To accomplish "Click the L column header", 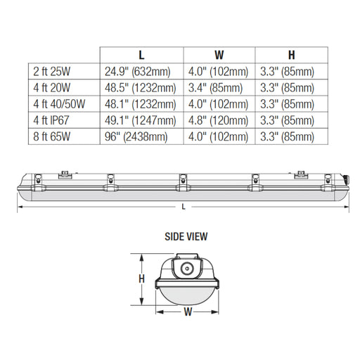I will coord(141,55).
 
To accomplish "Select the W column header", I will coord(219,55).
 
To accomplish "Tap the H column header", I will coord(291,55).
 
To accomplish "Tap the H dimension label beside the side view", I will coord(141,278).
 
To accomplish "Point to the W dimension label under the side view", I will coord(188,311).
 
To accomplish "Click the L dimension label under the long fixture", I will coord(183,206).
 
